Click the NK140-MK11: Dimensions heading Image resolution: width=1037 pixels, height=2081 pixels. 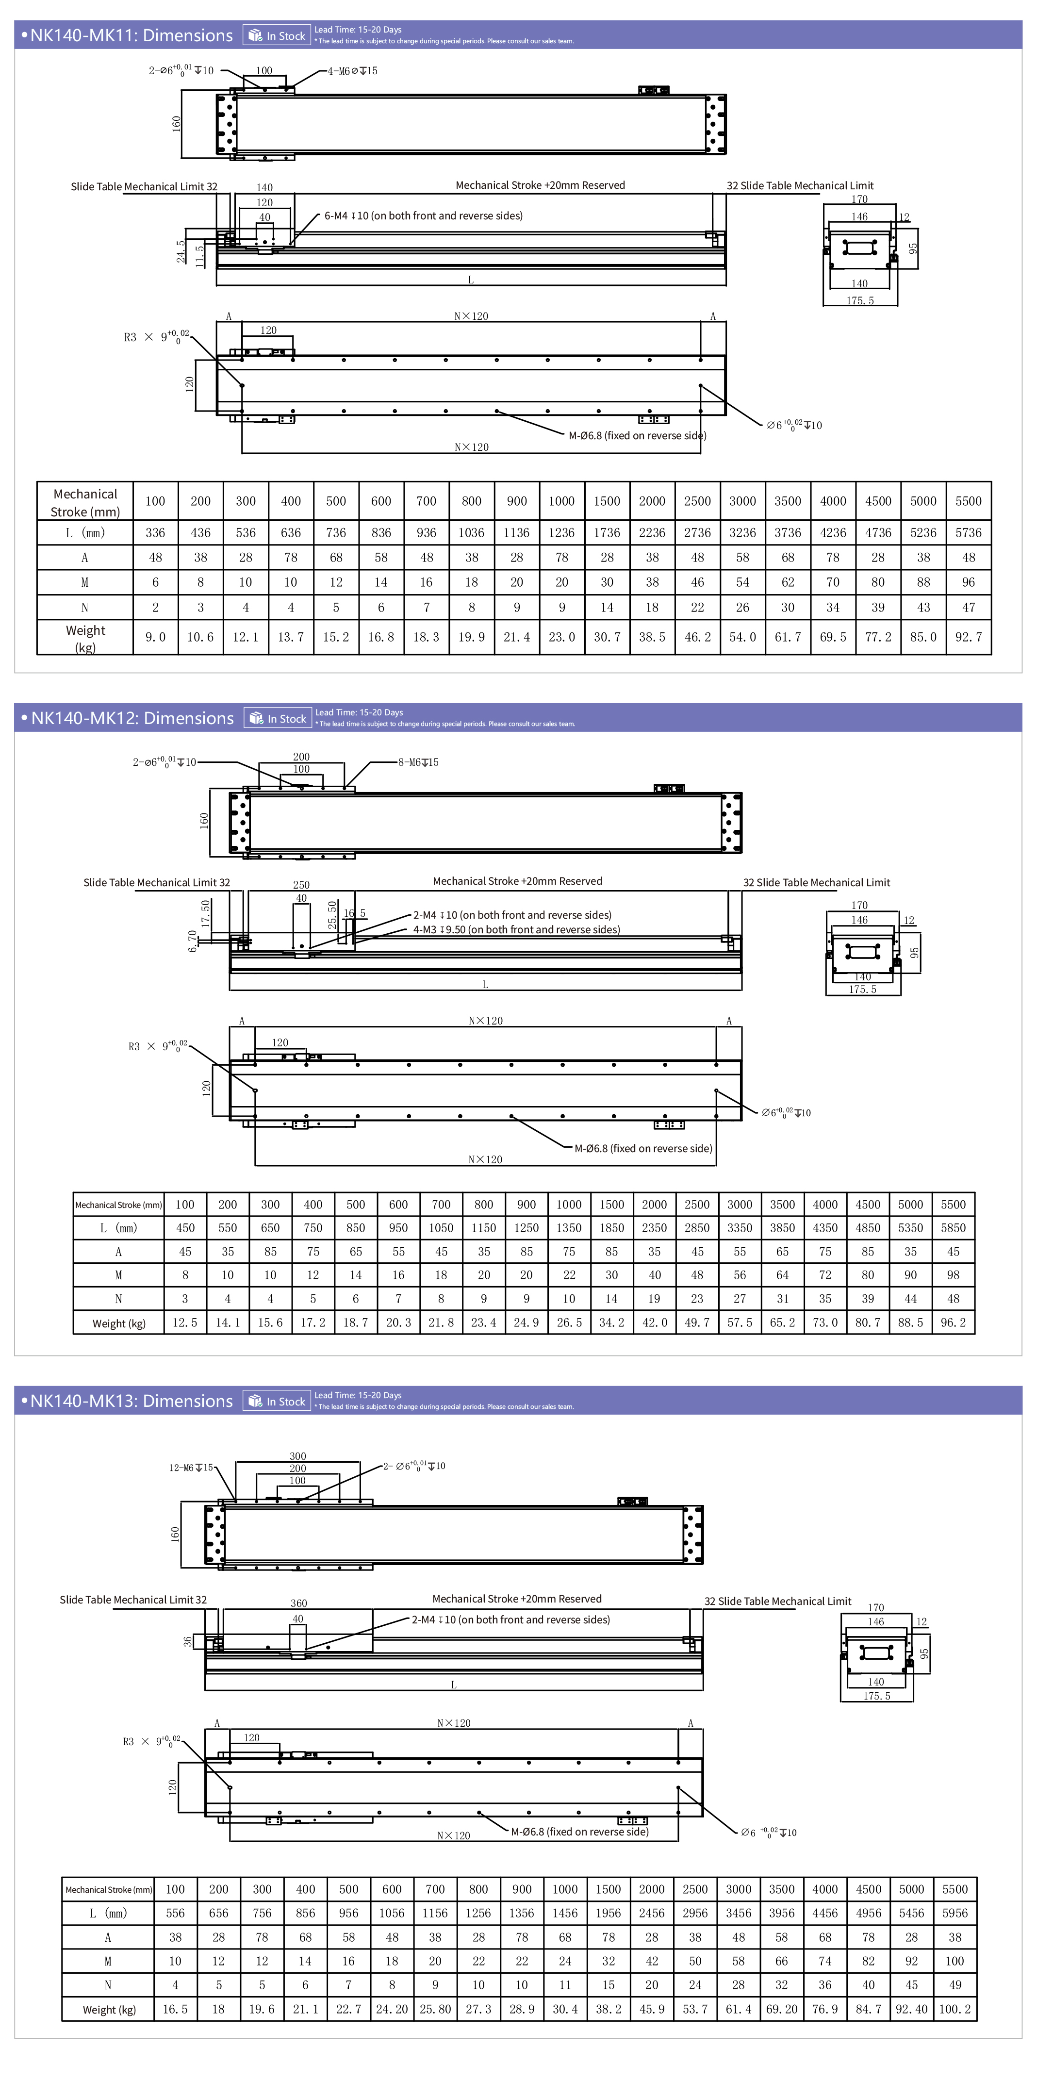131,35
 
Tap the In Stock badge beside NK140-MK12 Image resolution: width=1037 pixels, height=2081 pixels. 278,718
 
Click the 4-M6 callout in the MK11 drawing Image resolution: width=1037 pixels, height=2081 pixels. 352,71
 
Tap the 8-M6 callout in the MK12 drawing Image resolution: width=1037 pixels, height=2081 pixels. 418,762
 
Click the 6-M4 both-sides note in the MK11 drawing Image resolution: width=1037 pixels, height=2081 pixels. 423,215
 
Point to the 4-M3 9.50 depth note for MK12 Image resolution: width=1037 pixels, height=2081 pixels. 516,930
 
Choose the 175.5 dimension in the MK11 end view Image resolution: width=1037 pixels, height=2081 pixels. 860,300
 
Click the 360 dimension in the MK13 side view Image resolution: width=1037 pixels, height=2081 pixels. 299,1603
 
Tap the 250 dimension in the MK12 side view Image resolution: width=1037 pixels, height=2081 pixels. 301,885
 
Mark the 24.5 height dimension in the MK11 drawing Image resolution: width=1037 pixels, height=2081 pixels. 181,251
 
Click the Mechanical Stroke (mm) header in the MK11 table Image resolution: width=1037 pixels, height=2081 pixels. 85,502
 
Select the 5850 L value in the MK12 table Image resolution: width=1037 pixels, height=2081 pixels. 953,1228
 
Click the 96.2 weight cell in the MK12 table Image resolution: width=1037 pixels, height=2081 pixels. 953,1322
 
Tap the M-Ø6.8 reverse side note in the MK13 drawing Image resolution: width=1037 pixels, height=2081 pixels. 579,1832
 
